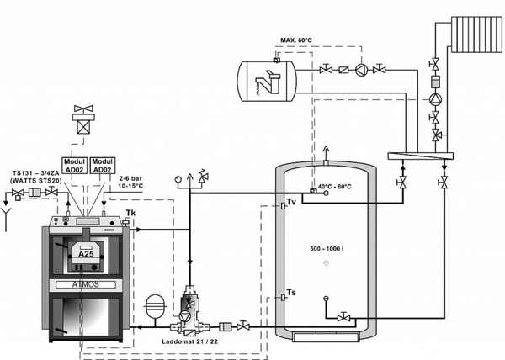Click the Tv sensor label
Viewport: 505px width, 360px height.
(291, 203)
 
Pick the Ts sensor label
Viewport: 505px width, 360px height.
(290, 292)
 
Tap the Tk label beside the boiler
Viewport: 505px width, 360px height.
(130, 214)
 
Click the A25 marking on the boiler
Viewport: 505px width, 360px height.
(86, 253)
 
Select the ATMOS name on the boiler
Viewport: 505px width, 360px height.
(88, 285)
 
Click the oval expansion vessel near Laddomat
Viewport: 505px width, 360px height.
(155, 304)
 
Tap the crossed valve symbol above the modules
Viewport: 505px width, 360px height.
(85, 114)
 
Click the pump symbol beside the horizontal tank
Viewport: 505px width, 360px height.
(361, 69)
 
